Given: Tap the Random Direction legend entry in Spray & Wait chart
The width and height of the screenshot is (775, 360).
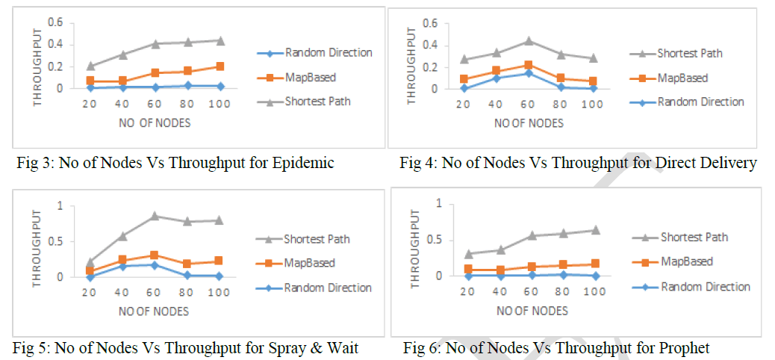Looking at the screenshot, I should pos(328,288).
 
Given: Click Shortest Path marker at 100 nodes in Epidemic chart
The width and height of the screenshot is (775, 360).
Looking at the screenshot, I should pos(220,40).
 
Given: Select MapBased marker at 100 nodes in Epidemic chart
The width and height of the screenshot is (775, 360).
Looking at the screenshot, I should pos(220,66).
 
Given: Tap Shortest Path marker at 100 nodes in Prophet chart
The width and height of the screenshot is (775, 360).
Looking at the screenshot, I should pos(596,230).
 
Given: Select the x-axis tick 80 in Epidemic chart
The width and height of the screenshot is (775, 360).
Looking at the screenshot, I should pos(187,104).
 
